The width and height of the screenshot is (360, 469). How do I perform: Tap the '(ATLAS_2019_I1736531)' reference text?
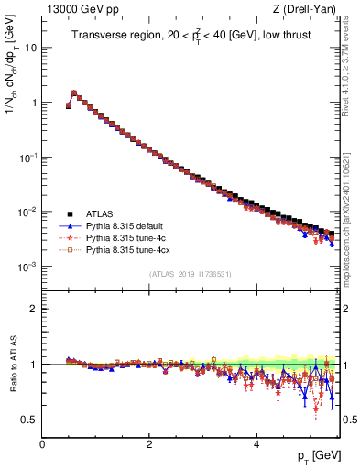pos(190,275)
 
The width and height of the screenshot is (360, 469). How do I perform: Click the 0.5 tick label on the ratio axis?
pos(29,420)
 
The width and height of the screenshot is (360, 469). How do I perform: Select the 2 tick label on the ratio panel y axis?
pos(34,309)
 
